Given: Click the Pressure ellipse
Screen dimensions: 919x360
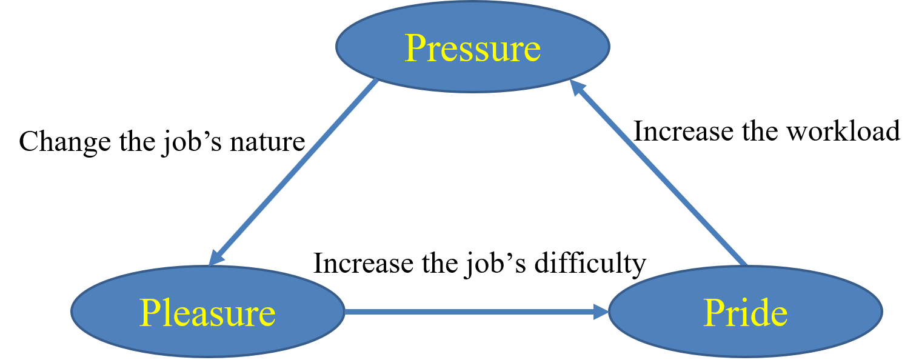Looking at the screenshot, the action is pos(473,46).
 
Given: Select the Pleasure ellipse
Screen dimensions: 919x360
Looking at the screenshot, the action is pos(207,312).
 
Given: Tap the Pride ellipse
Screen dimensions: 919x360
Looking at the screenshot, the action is pos(746,312).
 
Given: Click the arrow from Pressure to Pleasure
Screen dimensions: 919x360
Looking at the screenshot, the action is pos(293,172).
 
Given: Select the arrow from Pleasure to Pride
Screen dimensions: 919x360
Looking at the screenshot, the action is pos(476,312).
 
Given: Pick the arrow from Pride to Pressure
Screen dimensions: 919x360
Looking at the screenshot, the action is pos(658,172).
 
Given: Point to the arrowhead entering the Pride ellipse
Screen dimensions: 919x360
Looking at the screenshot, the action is pos(601,312).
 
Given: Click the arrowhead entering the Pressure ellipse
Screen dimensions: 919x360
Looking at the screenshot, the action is pos(576,87).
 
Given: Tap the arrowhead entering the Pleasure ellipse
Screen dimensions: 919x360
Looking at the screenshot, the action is pos(215,258).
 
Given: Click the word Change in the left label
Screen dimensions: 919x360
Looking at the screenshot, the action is pos(65,142).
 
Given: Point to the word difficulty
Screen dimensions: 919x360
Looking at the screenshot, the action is pos(590,264).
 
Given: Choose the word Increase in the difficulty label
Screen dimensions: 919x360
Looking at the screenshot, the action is pos(363,264).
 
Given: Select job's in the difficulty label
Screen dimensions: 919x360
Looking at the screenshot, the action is pos(496,264).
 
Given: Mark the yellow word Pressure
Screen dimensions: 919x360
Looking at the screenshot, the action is pos(473,48).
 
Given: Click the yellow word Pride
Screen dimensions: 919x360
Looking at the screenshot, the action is pos(746,313).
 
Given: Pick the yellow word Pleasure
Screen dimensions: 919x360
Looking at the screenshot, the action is pos(207,313).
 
